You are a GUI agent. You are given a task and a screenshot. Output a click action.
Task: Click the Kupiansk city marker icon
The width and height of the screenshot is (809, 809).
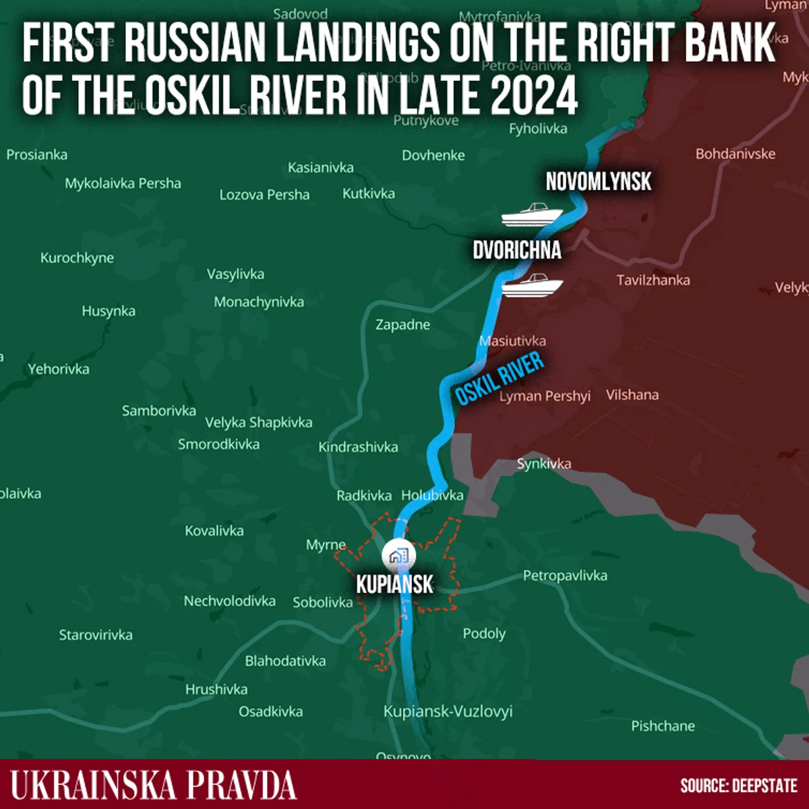tap(398, 556)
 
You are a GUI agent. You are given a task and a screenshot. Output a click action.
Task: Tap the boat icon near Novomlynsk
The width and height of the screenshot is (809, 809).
tap(531, 214)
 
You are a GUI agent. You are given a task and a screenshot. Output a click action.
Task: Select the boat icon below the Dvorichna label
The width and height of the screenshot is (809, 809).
tap(533, 285)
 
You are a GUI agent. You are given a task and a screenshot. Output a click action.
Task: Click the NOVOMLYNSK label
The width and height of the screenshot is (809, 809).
tap(598, 181)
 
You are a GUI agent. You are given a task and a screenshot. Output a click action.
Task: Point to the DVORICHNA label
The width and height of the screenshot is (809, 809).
tap(516, 250)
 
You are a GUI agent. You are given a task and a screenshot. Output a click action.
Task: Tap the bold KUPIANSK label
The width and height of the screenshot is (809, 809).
tap(394, 584)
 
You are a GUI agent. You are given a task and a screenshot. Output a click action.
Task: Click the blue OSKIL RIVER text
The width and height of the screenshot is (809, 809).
tap(499, 379)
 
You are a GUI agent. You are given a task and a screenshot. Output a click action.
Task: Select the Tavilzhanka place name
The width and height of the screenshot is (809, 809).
tap(653, 280)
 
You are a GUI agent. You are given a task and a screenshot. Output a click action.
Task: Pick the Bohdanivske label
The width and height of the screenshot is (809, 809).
tap(735, 154)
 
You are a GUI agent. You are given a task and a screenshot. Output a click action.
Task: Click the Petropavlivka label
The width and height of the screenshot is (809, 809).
tap(565, 576)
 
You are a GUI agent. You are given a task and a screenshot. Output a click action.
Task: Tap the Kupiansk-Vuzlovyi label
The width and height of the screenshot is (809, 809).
tap(448, 711)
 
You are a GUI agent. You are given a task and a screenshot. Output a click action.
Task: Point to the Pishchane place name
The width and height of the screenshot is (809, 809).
tap(663, 726)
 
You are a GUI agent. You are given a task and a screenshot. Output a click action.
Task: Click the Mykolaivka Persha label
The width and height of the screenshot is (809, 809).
tap(123, 183)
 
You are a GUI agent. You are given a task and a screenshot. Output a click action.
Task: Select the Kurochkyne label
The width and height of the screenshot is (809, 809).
tap(77, 258)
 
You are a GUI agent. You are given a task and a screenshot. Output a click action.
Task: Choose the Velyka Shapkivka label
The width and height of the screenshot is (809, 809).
tap(258, 423)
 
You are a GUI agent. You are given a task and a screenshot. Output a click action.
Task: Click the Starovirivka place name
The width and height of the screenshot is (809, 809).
tap(96, 635)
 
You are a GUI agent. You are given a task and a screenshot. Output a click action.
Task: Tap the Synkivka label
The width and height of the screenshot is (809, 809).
tap(543, 463)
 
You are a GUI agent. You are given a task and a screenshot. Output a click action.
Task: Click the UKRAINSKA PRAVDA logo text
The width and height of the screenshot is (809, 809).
tap(153, 785)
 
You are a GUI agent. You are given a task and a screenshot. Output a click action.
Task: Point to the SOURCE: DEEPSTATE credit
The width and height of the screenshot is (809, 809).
tap(738, 785)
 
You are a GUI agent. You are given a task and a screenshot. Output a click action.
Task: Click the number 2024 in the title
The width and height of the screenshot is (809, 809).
tap(534, 96)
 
